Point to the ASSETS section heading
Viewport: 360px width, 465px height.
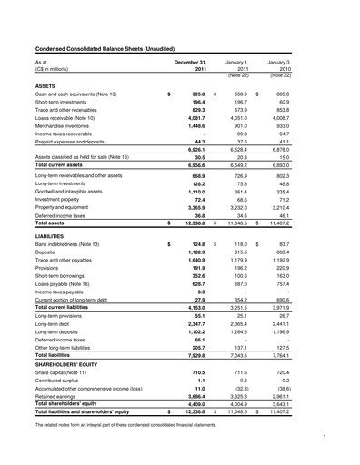pos(47,84)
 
